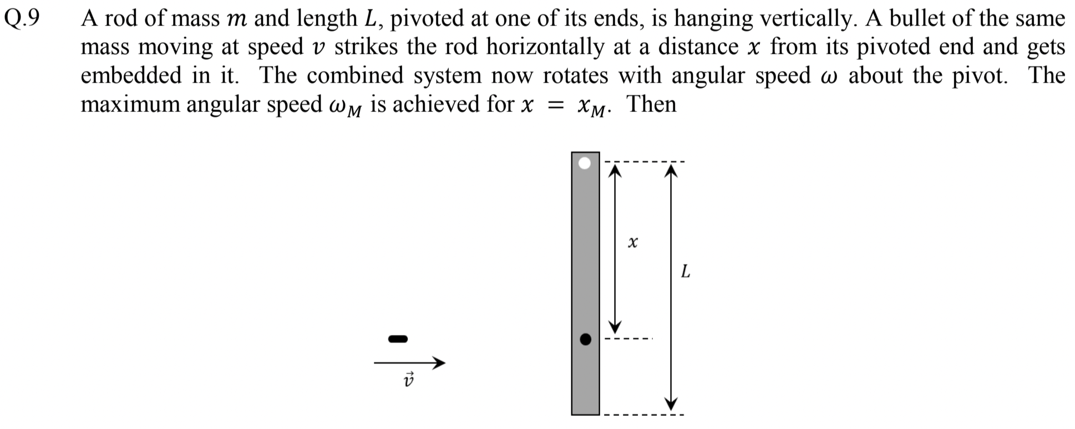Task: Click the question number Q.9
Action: coord(22,19)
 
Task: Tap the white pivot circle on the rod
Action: coord(585,164)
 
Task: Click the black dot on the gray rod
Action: coord(585,339)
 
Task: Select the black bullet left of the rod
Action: coord(398,338)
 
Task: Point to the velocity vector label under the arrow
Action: coord(409,380)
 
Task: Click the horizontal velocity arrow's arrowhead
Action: coord(439,363)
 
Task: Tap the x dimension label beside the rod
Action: coord(632,242)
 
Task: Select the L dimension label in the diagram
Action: coord(686,272)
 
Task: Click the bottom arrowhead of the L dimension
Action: coord(672,403)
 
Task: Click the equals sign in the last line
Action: coord(551,106)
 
